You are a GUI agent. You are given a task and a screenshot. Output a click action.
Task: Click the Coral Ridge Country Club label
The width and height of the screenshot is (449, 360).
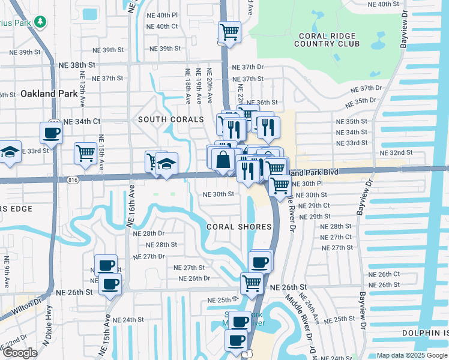(x=327, y=39)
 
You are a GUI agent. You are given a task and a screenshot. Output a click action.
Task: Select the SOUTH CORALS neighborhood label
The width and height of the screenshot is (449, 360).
(x=163, y=119)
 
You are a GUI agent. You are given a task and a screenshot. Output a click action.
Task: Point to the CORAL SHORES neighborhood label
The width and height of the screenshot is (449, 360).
(x=239, y=227)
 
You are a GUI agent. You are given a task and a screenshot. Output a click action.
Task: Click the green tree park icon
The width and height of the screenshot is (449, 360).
(x=40, y=22)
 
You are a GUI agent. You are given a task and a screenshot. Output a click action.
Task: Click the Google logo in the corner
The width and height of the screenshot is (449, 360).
(x=20, y=353)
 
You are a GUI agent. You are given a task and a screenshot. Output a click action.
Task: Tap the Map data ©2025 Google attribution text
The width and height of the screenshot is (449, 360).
(x=412, y=355)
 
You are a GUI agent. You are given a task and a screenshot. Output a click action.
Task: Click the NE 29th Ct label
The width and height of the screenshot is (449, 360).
(x=314, y=205)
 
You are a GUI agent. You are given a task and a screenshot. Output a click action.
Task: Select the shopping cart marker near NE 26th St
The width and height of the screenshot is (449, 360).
(x=252, y=283)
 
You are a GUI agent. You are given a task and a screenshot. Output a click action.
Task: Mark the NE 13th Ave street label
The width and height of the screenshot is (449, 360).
(x=82, y=86)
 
